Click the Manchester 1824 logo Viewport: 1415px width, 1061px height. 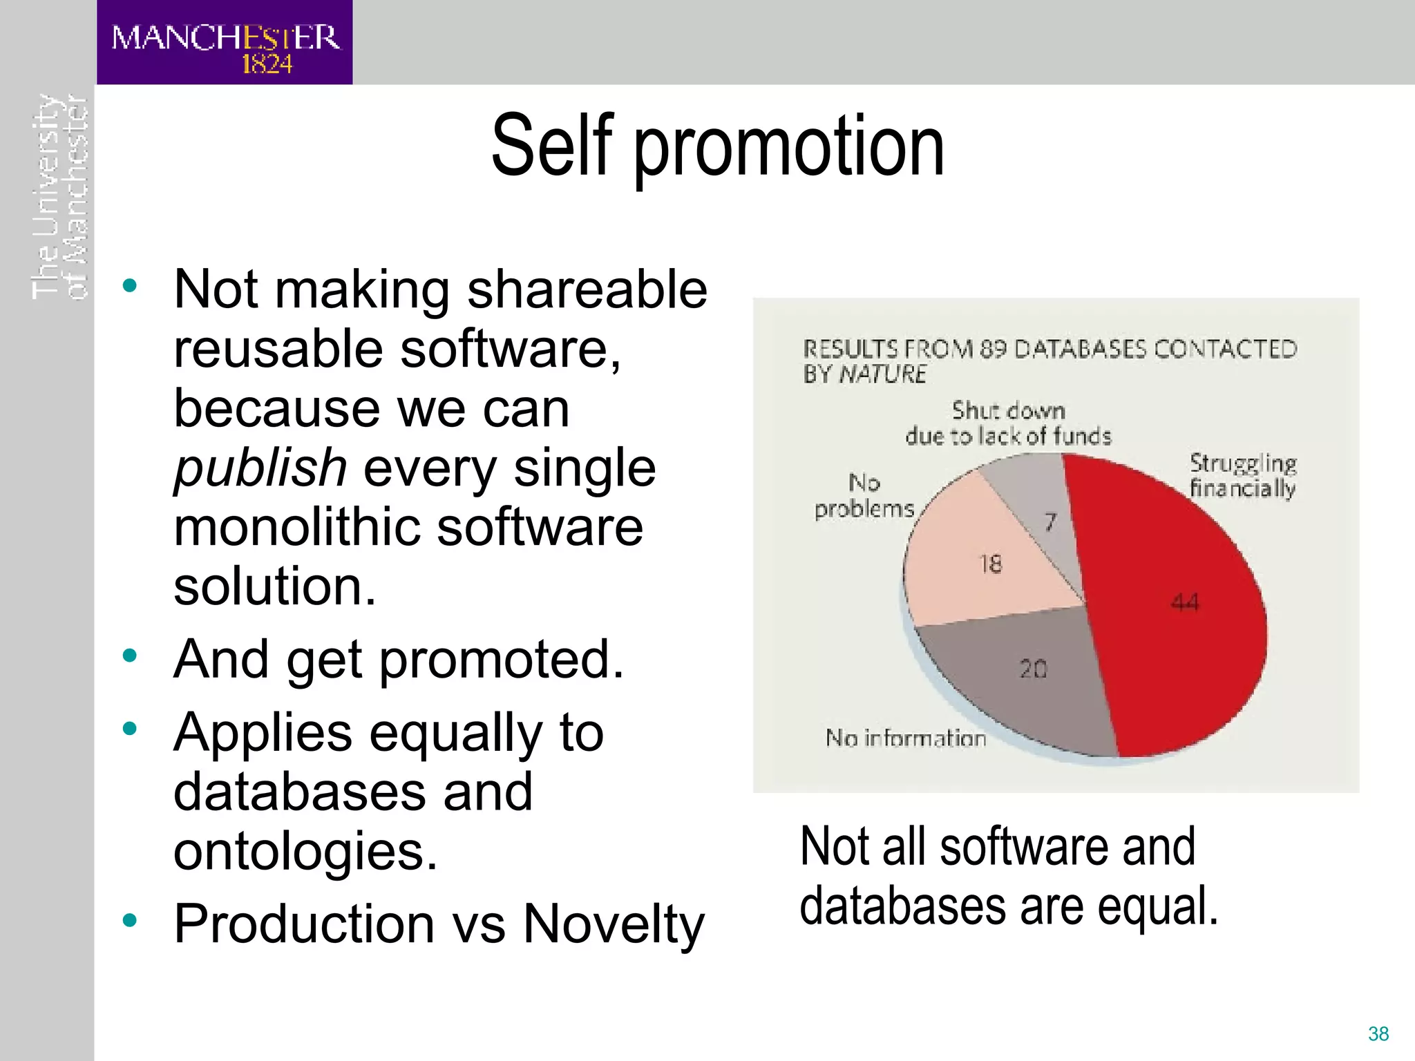225,43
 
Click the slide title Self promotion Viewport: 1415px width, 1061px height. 717,146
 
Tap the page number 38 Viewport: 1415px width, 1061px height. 1378,1033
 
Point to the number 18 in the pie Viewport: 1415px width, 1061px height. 990,564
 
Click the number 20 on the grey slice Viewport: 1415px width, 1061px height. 1034,668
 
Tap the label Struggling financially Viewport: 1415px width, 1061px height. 1242,475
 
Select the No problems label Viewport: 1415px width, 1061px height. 864,495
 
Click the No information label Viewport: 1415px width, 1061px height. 905,738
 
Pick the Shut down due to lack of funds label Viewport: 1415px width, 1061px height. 1008,423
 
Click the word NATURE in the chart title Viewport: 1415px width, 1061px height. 882,374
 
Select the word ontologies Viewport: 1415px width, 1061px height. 305,851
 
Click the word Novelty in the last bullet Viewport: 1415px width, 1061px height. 614,924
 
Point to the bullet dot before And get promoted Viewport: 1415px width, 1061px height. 129,654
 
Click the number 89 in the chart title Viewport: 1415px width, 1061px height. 993,350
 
